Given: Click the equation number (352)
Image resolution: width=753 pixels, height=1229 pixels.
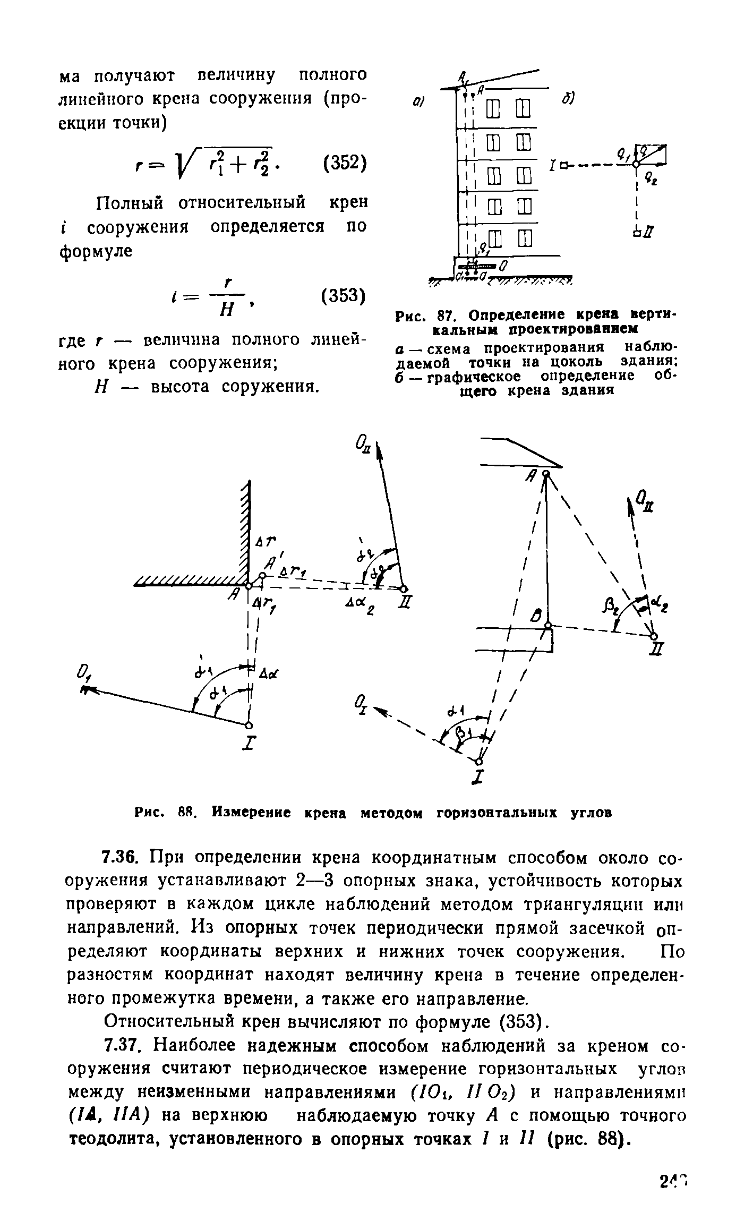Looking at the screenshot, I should pos(344,163).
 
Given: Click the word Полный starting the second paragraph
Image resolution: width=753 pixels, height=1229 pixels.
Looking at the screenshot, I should pos(135,202).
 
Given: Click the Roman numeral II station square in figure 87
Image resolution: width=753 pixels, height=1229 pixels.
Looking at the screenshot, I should pos(636,233).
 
